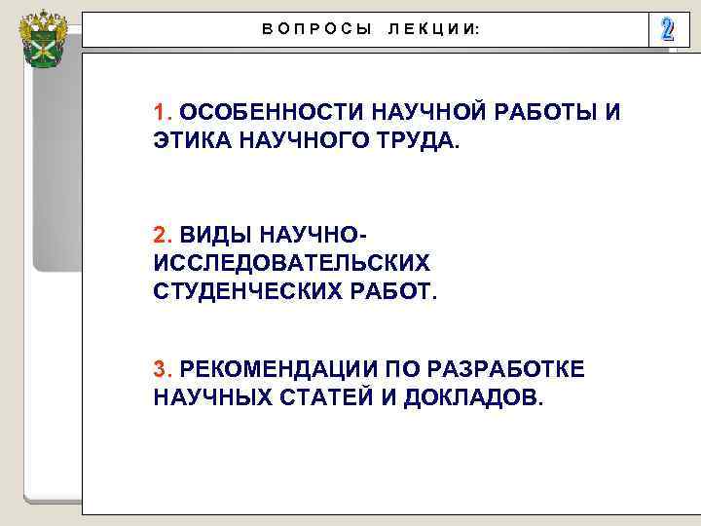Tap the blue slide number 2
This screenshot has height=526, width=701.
click(666, 29)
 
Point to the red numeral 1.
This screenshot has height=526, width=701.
click(162, 111)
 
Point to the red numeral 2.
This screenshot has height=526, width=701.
click(162, 235)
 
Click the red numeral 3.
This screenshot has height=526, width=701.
click(162, 369)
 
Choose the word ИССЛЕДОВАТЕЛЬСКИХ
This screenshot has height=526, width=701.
click(291, 263)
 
